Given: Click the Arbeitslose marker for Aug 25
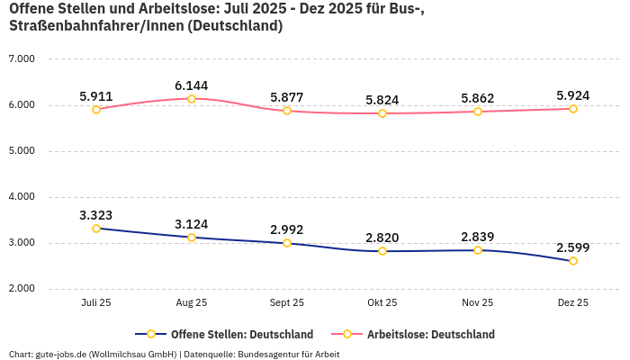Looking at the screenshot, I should coord(192,99).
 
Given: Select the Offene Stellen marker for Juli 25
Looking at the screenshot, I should coord(96,229).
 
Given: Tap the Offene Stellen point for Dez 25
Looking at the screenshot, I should coord(573,261).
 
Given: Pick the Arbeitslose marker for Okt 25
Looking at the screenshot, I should coord(382,113).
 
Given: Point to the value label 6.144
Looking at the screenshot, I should coord(192,85).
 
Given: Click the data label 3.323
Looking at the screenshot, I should coord(96,215).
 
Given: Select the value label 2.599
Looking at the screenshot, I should coord(573,247).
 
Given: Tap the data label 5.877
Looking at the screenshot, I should coord(287,97).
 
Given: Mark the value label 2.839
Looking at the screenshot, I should coord(478,237).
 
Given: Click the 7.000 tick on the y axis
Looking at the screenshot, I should coord(21,58).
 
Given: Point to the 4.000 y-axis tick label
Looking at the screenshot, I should coord(21,196).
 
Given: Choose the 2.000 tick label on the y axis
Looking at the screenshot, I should coord(21,289).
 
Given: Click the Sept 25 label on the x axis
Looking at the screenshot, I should coord(287,303).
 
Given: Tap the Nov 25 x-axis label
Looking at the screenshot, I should coord(478,303).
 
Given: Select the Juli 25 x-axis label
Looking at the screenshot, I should coord(96,303).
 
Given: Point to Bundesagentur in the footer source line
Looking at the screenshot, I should coord(280,354).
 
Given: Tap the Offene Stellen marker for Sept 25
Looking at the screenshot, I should coord(287,243).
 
